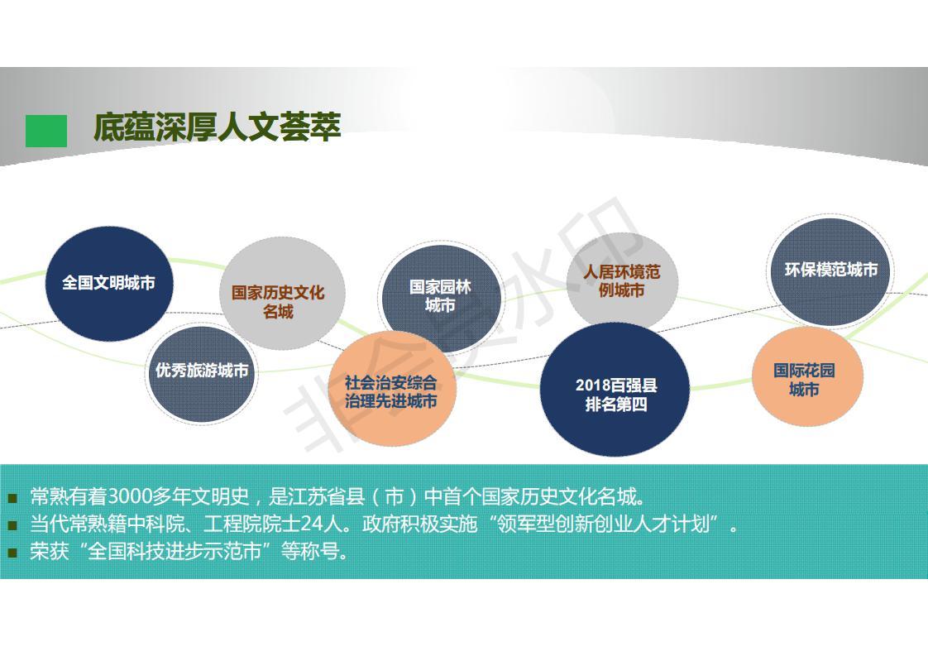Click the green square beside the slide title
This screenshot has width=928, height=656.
tap(46, 131)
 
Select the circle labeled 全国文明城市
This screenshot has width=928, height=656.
tap(109, 284)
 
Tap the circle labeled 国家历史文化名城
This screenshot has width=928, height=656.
tap(282, 294)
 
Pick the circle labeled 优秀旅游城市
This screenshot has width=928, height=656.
tap(202, 374)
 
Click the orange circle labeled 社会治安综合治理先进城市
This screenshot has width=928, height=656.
tap(391, 390)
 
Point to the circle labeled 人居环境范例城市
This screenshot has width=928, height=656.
tap(622, 281)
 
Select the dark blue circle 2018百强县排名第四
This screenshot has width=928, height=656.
tap(615, 390)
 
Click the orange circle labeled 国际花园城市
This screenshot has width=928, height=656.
tap(807, 376)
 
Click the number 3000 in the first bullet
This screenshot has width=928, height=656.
tap(130, 496)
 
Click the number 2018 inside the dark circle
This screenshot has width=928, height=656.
tap(593, 385)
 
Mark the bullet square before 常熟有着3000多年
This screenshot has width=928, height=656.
tap(13, 497)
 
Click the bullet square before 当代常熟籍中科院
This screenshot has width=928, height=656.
tap(13, 525)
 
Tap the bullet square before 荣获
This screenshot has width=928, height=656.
tap(13, 553)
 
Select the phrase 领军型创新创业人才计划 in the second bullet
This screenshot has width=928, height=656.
tap(603, 524)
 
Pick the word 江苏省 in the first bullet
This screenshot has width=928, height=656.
tap(318, 496)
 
